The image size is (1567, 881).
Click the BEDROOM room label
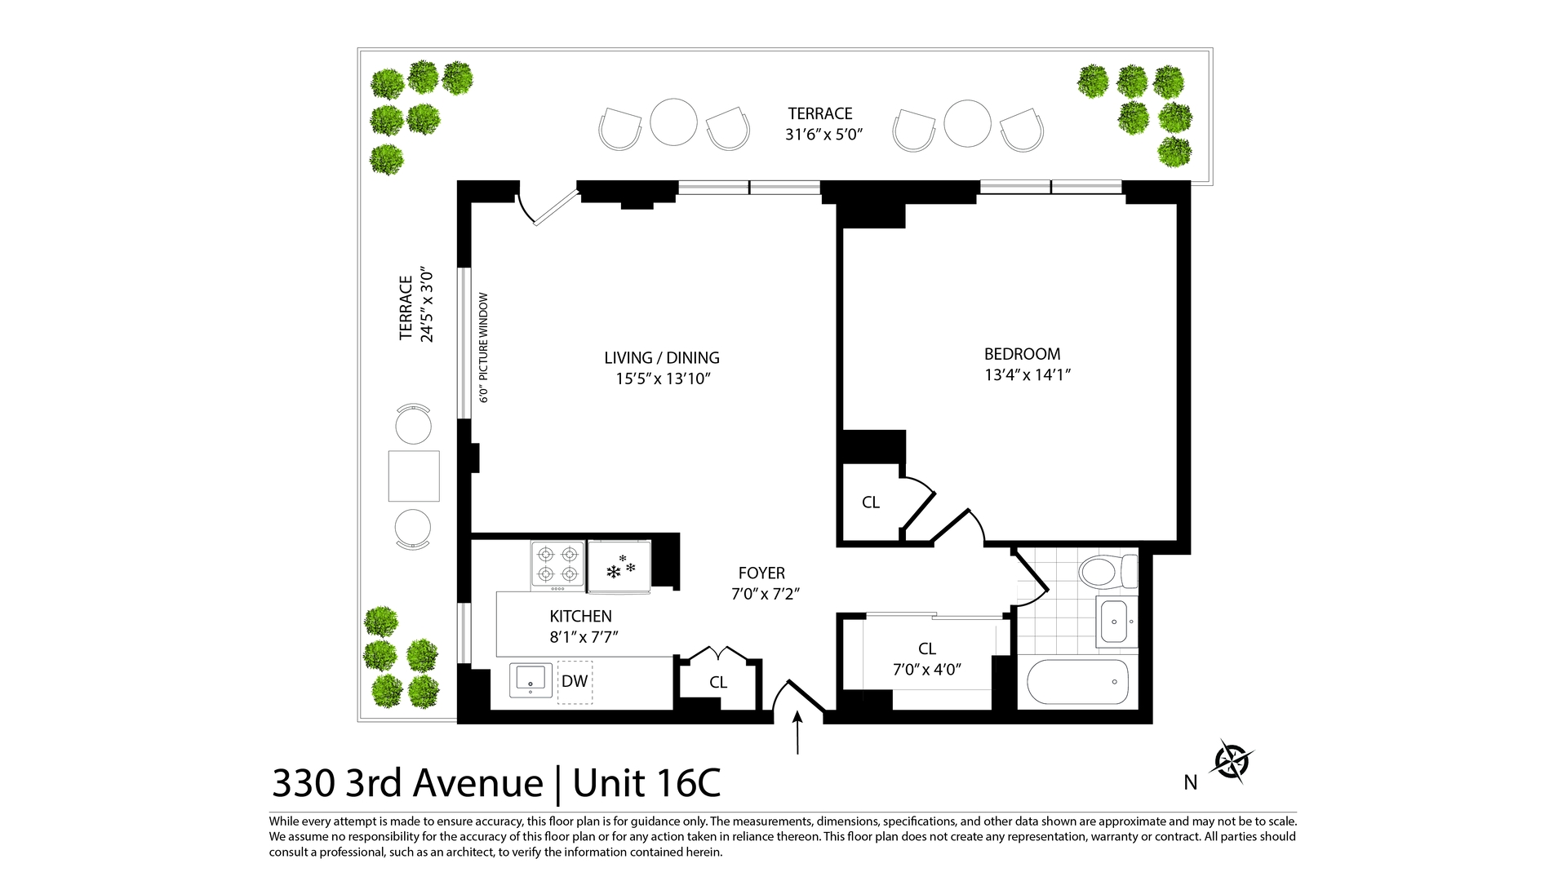tap(1022, 354)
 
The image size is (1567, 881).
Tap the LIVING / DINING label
tap(661, 357)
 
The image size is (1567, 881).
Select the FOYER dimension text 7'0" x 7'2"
tap(765, 594)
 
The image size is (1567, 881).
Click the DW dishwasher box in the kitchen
tap(575, 681)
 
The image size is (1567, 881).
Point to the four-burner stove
tap(558, 564)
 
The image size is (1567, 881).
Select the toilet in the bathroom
tap(1108, 571)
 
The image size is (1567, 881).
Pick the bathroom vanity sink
tap(1114, 622)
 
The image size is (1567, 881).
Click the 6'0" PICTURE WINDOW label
tap(483, 348)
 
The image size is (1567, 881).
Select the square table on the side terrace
tap(414, 476)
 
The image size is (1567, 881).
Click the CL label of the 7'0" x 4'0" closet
tap(926, 649)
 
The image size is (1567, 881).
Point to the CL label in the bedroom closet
tap(870, 502)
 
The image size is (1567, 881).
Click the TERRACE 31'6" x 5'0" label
tap(822, 124)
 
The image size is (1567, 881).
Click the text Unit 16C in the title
tap(646, 783)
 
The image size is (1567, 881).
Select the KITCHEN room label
tap(580, 617)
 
